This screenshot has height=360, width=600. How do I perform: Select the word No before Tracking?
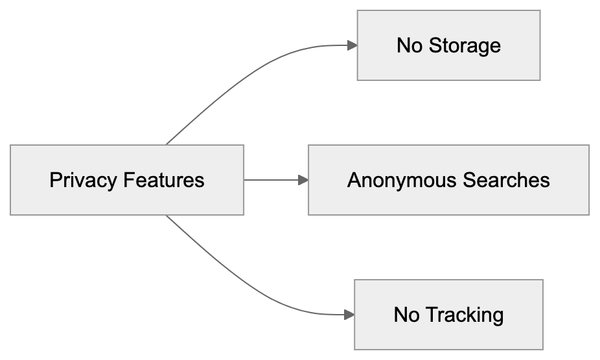(x=407, y=315)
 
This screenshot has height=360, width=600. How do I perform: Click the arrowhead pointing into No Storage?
(x=352, y=45)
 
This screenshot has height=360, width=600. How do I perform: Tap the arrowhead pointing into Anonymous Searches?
(x=303, y=180)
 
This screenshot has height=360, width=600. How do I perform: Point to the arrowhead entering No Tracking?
(x=349, y=315)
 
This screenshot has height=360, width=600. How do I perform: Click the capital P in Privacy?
(x=54, y=180)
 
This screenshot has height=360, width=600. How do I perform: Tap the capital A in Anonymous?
(x=354, y=180)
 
